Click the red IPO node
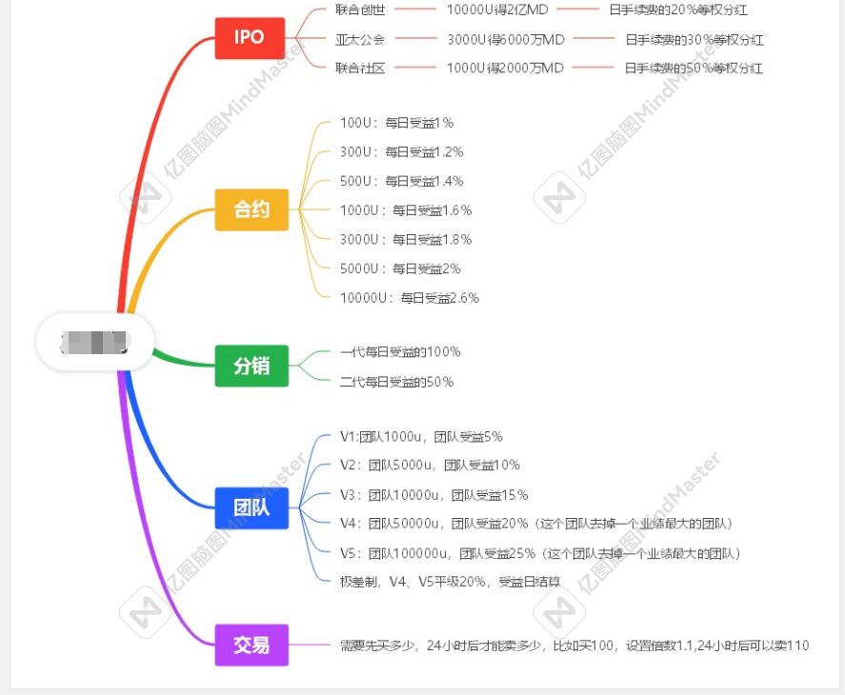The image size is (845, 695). coord(249,38)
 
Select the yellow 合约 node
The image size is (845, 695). coord(251,209)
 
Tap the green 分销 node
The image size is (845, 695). coord(251,366)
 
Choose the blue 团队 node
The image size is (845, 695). coord(251,507)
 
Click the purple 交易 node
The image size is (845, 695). coord(251,645)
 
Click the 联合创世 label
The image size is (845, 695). coord(360,10)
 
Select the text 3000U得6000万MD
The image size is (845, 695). coord(506,39)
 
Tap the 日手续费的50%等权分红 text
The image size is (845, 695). coord(694,69)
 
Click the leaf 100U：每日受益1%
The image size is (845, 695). coord(396,123)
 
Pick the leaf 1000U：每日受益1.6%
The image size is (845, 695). coord(406,210)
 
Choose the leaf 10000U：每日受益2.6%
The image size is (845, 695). coord(410,298)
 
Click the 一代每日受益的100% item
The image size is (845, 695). coord(400,352)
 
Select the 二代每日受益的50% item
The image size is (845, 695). coord(396,382)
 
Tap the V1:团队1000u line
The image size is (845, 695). coord(421,437)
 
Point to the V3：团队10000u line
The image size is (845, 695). coord(433,495)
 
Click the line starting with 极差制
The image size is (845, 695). coord(450,582)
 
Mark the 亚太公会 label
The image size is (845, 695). coord(360,39)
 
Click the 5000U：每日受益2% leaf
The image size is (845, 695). coord(400,268)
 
